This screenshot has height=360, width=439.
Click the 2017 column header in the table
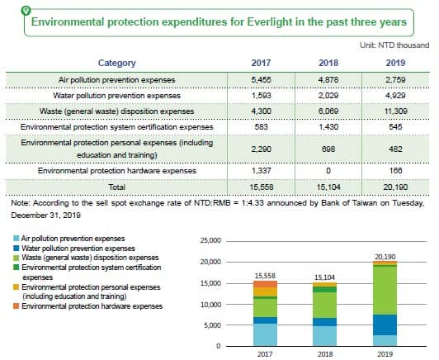pos(261,63)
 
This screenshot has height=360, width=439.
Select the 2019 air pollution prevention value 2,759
pos(395,80)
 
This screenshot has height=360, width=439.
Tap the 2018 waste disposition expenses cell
pos(328,111)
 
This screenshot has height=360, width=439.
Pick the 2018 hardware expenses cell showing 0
pos(328,171)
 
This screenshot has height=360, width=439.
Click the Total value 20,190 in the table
pos(395,187)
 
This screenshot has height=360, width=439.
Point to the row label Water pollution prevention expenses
pos(116,96)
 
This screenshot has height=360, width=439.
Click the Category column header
pos(116,63)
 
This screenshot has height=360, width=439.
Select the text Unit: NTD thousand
pos(394,45)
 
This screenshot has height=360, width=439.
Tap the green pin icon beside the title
pos(26,11)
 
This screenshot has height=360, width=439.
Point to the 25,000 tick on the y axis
pos(210,240)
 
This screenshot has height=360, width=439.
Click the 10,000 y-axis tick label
pos(210,305)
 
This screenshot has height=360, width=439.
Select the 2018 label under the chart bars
pos(325,354)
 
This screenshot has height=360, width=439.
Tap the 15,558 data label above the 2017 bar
pos(265,276)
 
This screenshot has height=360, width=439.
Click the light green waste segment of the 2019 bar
pos(385,291)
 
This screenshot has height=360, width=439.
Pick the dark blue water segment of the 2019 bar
pos(385,325)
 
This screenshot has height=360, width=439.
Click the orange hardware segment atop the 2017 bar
pos(265,284)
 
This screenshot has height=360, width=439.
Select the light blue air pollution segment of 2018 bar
pos(325,335)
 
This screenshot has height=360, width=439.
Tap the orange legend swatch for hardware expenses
pos(17,306)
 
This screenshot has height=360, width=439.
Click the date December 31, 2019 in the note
pos(46,216)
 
